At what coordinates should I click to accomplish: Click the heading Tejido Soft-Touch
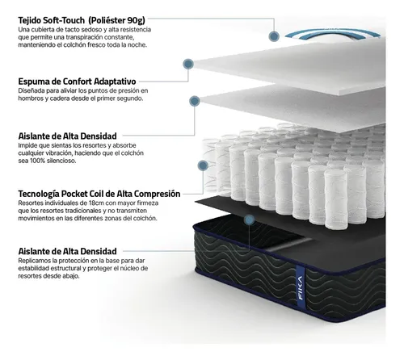point(51,20)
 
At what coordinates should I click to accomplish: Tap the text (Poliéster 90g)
point(116,20)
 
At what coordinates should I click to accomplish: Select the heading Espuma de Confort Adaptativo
point(77,82)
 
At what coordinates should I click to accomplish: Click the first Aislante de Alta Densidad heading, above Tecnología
point(67,136)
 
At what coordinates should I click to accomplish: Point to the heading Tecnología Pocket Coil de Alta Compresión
point(99,194)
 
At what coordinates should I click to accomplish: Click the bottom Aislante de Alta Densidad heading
point(67,251)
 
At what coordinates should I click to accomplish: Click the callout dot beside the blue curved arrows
point(274,36)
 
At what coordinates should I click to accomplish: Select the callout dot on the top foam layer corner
point(188,64)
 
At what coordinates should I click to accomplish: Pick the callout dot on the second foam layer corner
point(195,101)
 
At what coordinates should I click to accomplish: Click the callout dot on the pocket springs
point(203,165)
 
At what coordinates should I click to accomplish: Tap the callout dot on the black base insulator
point(250,220)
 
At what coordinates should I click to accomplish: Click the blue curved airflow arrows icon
point(333,34)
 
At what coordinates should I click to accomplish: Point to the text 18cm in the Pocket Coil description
point(97,203)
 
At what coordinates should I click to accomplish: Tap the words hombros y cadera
point(40,98)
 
